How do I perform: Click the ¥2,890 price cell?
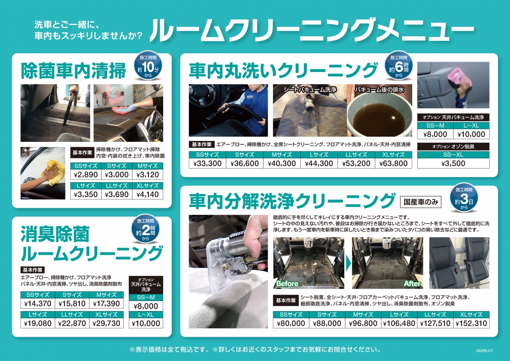(x=86, y=175)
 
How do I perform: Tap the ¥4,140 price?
(x=147, y=195)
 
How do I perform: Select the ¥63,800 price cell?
(x=394, y=163)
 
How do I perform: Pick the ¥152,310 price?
(x=471, y=324)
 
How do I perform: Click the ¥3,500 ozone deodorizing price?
(x=453, y=163)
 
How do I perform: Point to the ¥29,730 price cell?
(x=106, y=324)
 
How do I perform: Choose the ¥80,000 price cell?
(x=291, y=324)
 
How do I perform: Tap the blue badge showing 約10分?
(x=148, y=66)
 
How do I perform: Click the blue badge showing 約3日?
(x=464, y=198)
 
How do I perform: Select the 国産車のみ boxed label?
(x=420, y=202)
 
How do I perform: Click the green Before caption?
(x=287, y=284)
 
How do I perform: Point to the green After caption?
(x=412, y=284)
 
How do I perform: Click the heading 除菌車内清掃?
(x=73, y=71)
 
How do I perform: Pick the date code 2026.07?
(x=484, y=351)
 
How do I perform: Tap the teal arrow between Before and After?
(x=348, y=263)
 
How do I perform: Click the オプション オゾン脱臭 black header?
(x=453, y=146)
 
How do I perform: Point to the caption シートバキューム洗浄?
(x=310, y=90)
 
